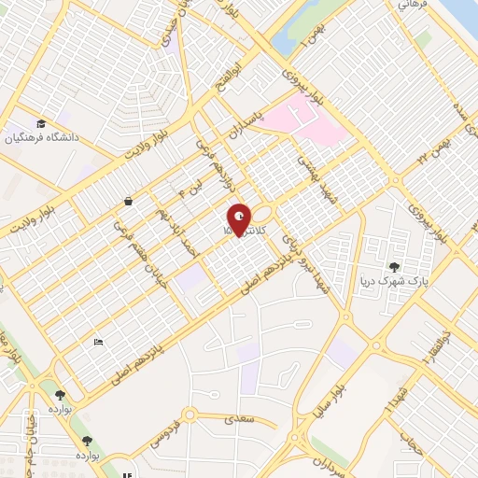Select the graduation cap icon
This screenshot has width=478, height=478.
click(x=40, y=123)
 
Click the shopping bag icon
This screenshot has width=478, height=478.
click(x=128, y=201)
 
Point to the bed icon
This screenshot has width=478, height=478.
click(x=98, y=342)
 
